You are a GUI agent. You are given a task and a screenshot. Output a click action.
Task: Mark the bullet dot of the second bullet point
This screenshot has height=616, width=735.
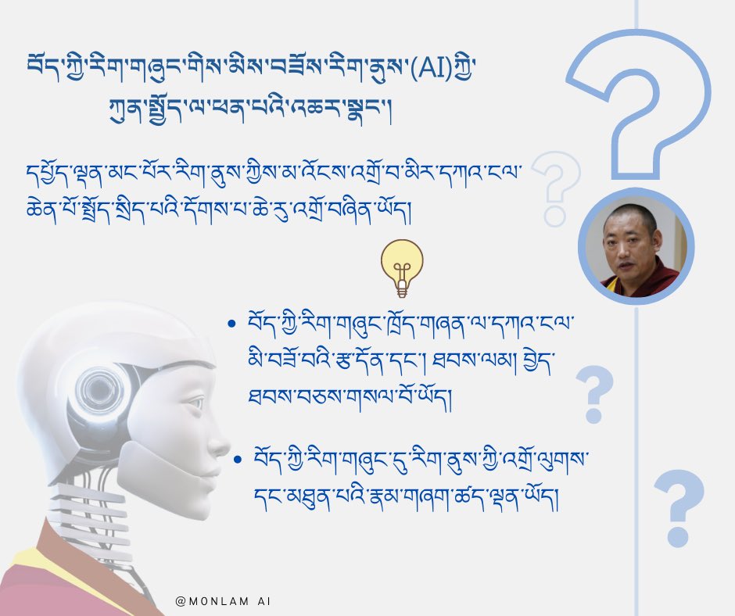[237, 459]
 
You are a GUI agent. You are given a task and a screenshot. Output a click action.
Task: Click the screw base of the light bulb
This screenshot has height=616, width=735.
[403, 289]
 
